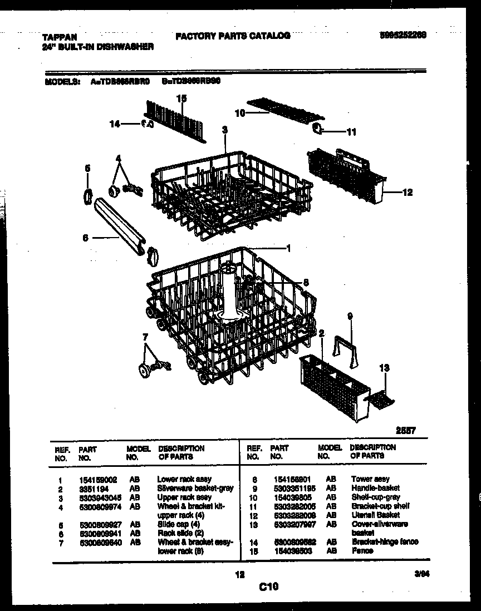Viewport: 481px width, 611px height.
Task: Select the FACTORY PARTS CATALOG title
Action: tap(233, 36)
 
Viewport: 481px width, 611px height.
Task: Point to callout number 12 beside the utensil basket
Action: tap(407, 193)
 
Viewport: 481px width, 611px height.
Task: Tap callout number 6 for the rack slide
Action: tap(85, 238)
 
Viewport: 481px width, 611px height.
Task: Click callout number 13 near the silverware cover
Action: tap(384, 368)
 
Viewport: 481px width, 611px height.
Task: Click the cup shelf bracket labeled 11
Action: tap(316, 130)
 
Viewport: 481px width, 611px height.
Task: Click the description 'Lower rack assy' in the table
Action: tap(184, 479)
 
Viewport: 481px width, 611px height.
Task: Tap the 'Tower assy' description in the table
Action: tap(370, 479)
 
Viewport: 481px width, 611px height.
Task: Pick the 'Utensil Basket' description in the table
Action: tap(375, 515)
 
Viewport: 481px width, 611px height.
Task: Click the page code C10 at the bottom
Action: tap(268, 586)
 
